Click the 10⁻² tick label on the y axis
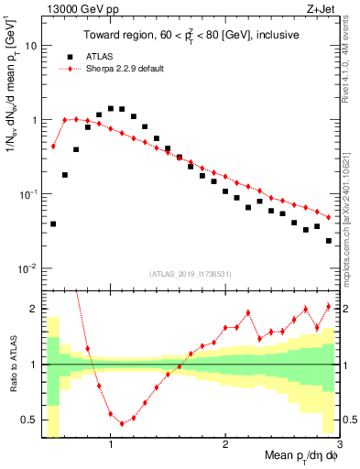tap(28, 268)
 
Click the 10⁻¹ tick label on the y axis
tap(28, 194)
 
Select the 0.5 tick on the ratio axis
tap(30, 420)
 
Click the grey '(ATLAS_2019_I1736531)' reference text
tap(190, 273)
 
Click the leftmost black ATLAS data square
tap(54, 224)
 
